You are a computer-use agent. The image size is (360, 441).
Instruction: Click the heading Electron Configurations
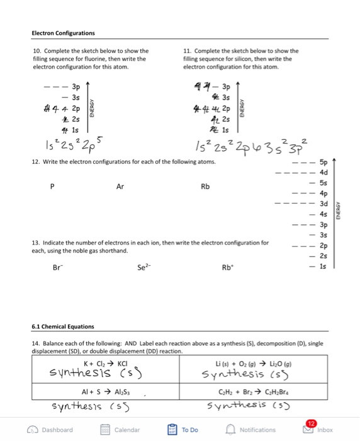[x=64, y=33]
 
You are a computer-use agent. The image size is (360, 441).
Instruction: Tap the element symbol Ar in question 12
[x=121, y=186]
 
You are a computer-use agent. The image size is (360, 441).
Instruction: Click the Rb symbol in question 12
[x=205, y=186]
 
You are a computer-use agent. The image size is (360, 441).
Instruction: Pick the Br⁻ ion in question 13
[x=59, y=266]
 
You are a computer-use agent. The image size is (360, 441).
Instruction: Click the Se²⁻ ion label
[x=143, y=266]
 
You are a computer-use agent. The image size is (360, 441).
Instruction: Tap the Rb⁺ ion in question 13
[x=228, y=266]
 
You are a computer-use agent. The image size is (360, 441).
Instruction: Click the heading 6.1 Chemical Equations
[x=64, y=326]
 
